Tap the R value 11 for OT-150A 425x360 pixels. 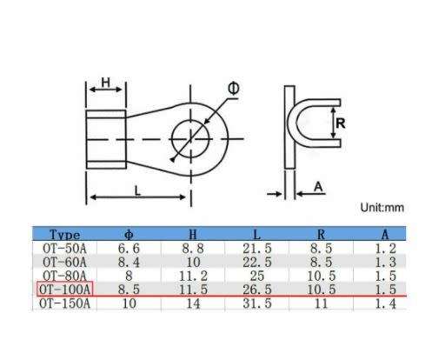322,303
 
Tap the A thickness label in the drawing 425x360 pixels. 319,186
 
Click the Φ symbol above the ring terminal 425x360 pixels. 235,89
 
